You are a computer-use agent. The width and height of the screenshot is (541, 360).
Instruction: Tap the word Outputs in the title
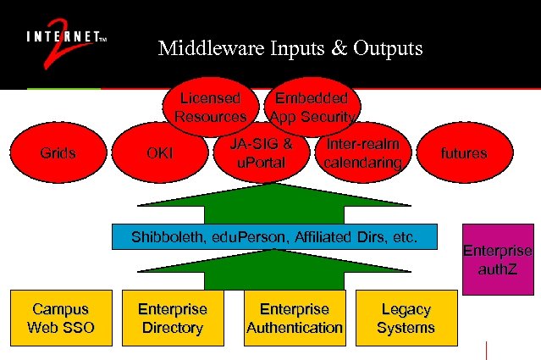click(382, 49)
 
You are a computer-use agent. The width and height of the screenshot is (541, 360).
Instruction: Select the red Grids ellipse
click(58, 153)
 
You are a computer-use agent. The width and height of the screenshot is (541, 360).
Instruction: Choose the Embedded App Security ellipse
click(314, 106)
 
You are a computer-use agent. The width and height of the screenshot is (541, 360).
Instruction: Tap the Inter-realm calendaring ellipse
click(362, 152)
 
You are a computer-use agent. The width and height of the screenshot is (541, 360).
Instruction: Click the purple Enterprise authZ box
click(497, 259)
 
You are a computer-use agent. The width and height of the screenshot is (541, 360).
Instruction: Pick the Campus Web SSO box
click(61, 318)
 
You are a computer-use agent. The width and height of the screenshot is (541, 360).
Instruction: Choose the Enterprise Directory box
click(173, 318)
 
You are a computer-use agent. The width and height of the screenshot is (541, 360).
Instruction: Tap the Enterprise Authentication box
click(294, 318)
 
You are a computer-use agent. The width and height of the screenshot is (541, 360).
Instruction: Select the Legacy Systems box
click(406, 318)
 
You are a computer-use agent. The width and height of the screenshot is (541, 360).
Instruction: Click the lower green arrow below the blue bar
click(273, 271)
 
